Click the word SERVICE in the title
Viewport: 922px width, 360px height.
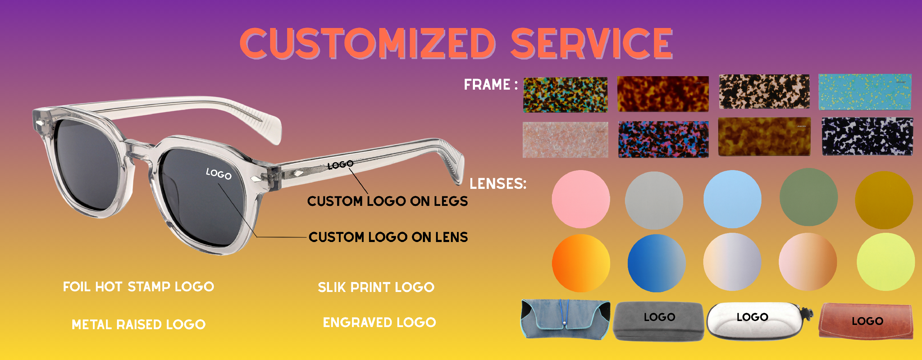[592, 43]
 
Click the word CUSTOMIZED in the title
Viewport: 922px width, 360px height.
[368, 43]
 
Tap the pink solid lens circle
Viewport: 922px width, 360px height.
[581, 199]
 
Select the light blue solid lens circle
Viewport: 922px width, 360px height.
[732, 199]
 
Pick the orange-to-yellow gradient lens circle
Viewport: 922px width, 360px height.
[581, 263]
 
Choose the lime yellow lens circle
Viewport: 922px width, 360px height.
[885, 261]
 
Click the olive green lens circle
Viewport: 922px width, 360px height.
[809, 197]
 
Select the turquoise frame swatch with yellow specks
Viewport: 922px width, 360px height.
[865, 92]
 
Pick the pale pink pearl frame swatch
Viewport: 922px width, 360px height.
[565, 140]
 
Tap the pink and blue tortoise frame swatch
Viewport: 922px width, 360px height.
[663, 139]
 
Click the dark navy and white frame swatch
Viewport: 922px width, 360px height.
[867, 136]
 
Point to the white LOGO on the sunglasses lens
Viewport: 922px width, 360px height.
[219, 174]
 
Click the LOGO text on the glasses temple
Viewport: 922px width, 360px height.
[340, 165]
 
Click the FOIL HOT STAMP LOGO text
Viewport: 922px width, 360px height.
[139, 287]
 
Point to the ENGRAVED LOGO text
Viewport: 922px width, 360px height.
[379, 322]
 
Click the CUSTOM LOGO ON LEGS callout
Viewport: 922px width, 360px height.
[387, 201]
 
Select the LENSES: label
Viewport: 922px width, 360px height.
[498, 184]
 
